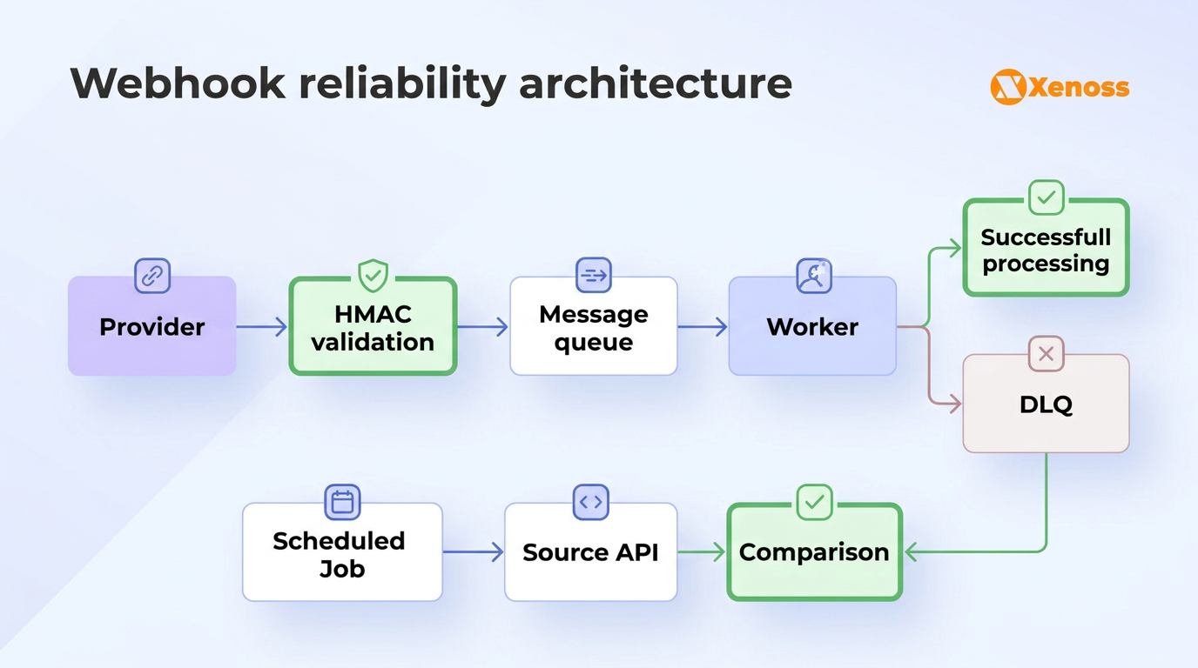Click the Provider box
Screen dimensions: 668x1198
[x=151, y=326]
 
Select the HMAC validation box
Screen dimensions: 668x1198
[x=373, y=327]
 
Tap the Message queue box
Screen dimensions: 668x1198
[x=593, y=327]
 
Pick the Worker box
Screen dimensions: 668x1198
[x=812, y=327]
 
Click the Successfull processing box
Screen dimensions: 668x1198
[x=1046, y=250]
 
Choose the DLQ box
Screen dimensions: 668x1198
[x=1046, y=404]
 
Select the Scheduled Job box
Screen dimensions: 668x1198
[x=341, y=553]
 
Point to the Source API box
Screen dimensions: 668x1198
[x=590, y=553]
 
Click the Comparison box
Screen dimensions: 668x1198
[x=814, y=553]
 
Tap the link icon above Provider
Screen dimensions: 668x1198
[x=152, y=277]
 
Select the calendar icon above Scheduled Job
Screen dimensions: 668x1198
[x=342, y=502]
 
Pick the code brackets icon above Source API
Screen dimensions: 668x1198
[x=590, y=502]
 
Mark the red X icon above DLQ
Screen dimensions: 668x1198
[x=1046, y=354]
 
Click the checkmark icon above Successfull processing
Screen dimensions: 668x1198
[x=1046, y=198]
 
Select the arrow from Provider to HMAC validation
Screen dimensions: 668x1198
[x=261, y=327]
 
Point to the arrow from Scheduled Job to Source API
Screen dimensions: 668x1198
[x=473, y=551]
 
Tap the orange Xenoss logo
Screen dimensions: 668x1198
[x=1060, y=87]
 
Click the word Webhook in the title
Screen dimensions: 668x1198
[x=178, y=83]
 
